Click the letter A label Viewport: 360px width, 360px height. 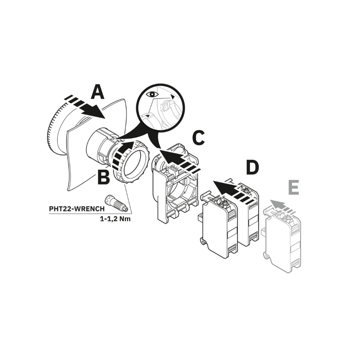click(98, 92)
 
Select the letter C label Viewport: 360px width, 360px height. click(198, 138)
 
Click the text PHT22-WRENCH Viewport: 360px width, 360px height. click(77, 209)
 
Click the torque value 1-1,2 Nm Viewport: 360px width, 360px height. click(115, 219)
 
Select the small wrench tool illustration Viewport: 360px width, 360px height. click(116, 204)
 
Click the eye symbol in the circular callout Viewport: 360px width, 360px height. click(152, 94)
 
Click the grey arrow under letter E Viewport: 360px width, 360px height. click(282, 206)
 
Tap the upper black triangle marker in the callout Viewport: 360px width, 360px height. click(172, 97)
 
